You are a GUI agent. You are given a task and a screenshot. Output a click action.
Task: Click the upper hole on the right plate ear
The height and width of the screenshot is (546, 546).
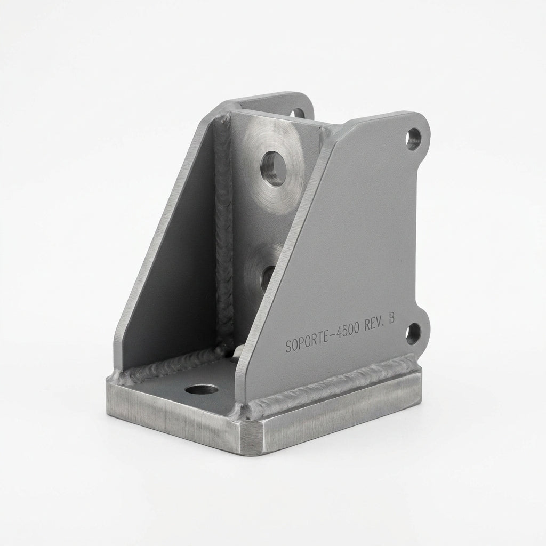[x=413, y=138]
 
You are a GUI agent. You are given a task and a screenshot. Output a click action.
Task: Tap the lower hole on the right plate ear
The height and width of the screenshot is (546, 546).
[x=413, y=333]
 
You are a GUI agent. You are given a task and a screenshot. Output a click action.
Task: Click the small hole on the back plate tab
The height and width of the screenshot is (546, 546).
[x=298, y=114]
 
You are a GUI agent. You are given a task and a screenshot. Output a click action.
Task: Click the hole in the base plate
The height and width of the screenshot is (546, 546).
[x=202, y=389]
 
